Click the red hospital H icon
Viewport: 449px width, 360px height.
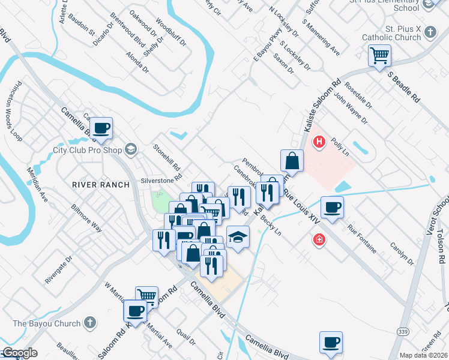[320, 142]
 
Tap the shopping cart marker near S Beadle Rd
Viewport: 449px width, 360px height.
[379, 56]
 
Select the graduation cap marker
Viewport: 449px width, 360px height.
[238, 236]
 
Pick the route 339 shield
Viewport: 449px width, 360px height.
[402, 331]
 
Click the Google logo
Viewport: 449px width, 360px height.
[19, 353]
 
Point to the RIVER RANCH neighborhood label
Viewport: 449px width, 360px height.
[101, 185]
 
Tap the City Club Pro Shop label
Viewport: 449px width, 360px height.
[88, 150]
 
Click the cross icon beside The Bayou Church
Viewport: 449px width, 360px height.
[89, 323]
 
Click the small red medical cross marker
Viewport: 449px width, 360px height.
[319, 240]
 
